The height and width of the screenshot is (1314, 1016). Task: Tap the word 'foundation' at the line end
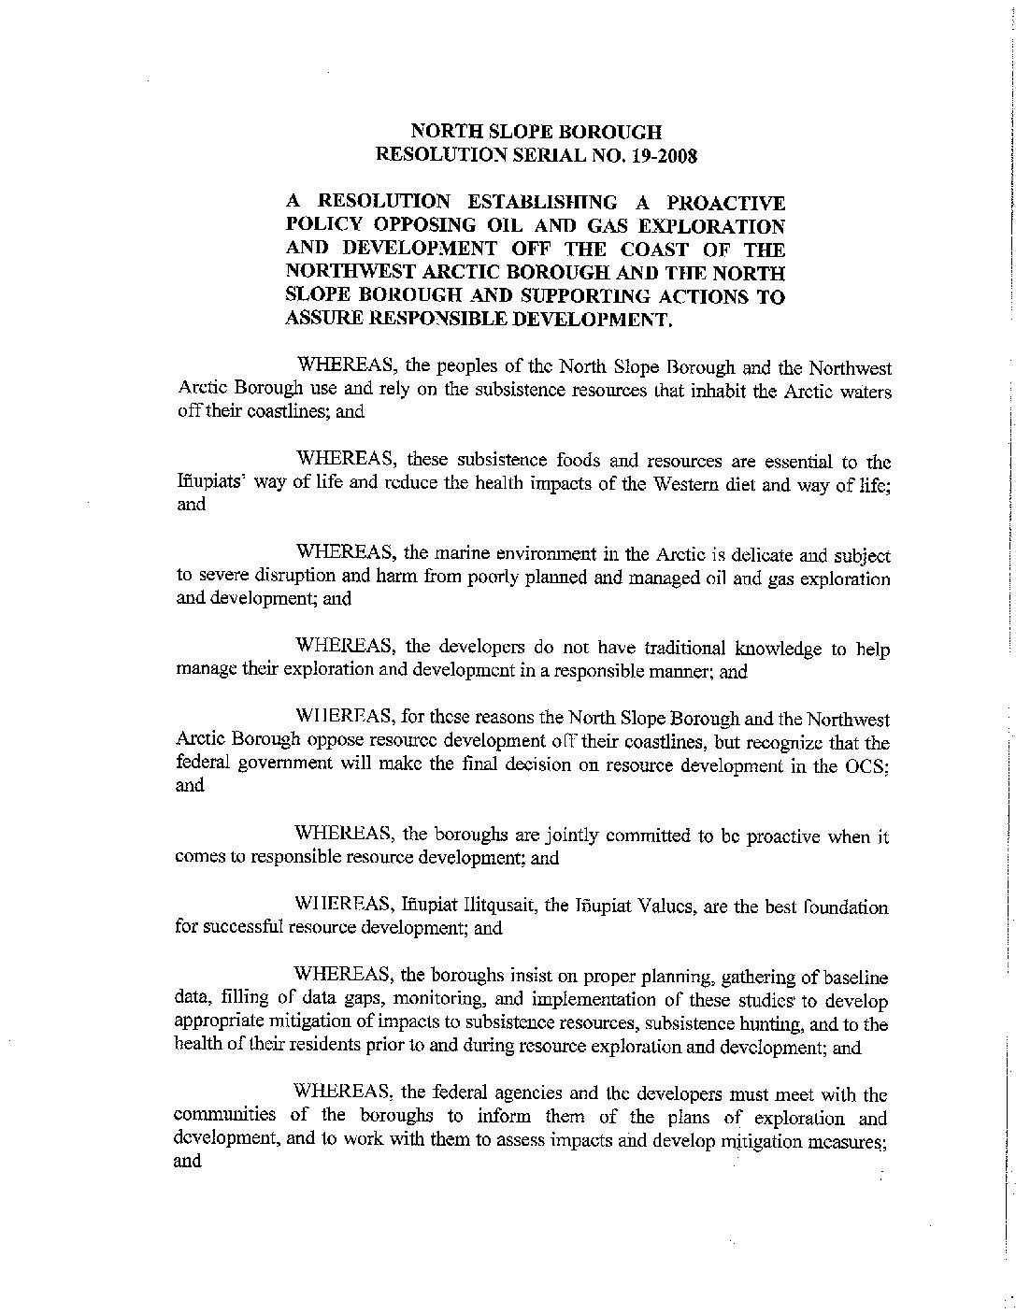[847, 907]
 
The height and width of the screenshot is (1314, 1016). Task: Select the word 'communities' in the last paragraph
[225, 1116]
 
